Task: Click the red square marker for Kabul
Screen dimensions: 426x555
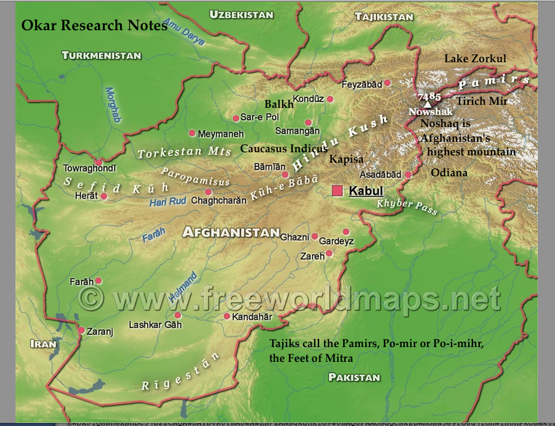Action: click(x=338, y=191)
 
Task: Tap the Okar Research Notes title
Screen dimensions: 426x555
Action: click(x=94, y=26)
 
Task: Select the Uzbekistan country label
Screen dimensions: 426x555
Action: click(x=242, y=14)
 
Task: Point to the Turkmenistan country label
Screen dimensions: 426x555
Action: click(x=102, y=55)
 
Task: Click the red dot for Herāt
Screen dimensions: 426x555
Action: click(x=104, y=196)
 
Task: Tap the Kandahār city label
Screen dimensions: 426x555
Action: click(x=251, y=316)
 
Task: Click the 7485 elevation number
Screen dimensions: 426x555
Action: click(x=429, y=96)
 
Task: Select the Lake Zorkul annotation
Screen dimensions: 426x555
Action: click(x=475, y=59)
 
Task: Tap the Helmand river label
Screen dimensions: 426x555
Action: click(x=183, y=287)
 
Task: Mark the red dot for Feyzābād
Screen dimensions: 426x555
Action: click(x=388, y=83)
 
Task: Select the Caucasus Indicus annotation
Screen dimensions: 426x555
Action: click(x=284, y=149)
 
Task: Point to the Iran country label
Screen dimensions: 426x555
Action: click(x=44, y=344)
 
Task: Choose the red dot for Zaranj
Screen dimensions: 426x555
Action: click(x=81, y=330)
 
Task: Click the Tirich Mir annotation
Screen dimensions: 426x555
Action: click(x=482, y=101)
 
